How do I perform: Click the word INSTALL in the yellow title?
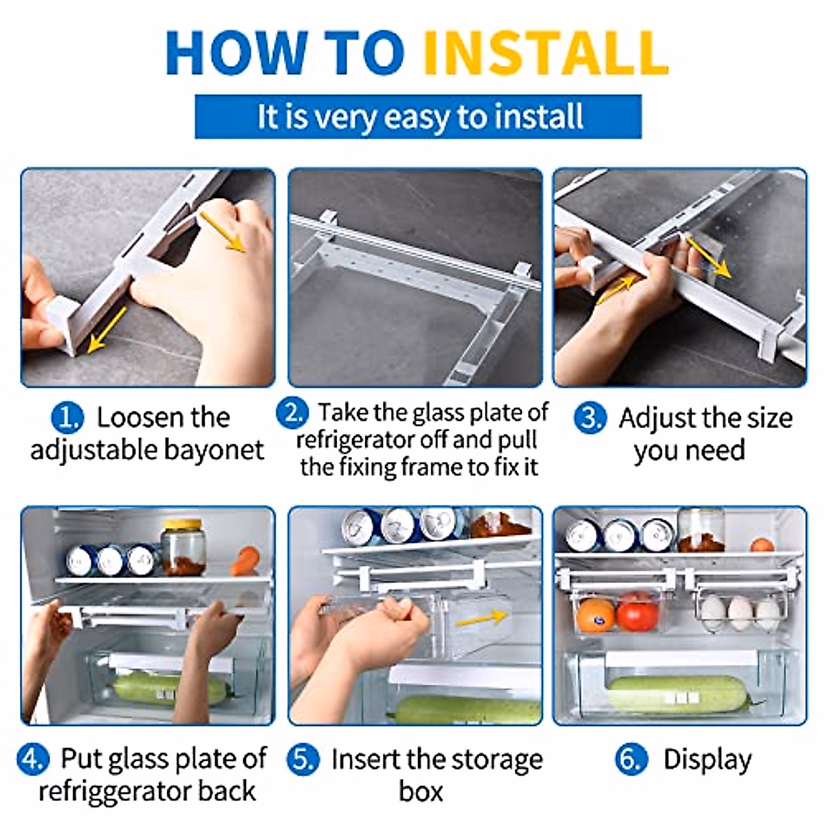tap(545, 53)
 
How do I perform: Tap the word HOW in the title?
tap(236, 53)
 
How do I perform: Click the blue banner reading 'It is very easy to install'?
tap(418, 116)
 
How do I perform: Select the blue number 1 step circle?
tap(67, 417)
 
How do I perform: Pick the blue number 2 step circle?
tap(292, 412)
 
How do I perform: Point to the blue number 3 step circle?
tap(590, 418)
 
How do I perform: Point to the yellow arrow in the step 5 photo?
tap(481, 617)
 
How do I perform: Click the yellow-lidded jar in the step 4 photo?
tap(183, 547)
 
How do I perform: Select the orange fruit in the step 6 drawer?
tap(595, 615)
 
